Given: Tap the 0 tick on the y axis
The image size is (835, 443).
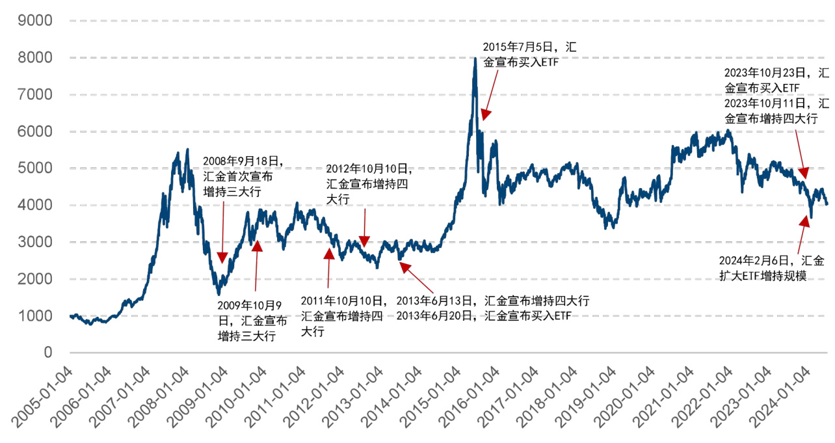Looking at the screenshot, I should point(47,353).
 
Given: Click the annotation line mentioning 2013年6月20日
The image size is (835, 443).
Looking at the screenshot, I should point(483,315).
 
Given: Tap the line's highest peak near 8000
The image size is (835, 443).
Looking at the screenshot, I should point(475,59).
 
